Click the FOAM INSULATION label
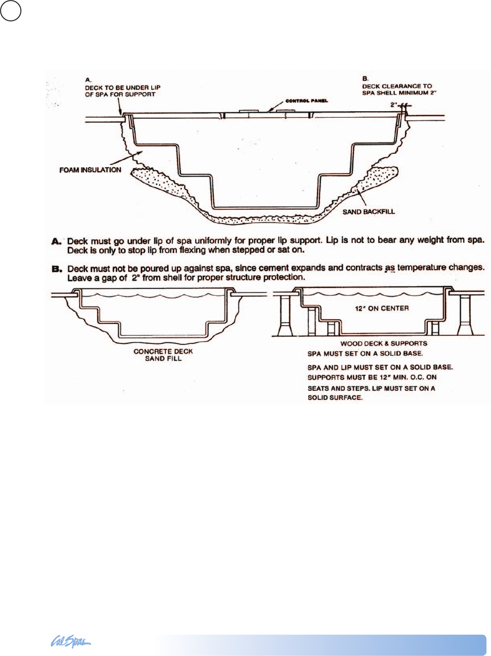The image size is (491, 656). (x=90, y=170)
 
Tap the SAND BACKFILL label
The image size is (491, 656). (x=368, y=212)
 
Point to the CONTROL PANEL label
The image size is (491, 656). (x=306, y=101)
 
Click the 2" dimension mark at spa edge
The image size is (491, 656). (x=394, y=105)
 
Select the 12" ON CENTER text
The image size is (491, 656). (x=381, y=308)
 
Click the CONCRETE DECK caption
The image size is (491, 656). (x=163, y=352)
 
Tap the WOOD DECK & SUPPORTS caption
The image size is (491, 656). (x=384, y=343)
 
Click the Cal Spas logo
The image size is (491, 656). (x=70, y=642)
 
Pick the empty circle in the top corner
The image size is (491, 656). (x=10, y=10)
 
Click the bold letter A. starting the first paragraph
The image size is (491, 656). (x=56, y=241)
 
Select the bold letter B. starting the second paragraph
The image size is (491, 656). (x=56, y=269)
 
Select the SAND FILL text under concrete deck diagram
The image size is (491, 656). (x=163, y=359)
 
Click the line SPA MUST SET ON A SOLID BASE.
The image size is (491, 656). (x=365, y=353)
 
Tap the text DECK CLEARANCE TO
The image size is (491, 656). (x=397, y=86)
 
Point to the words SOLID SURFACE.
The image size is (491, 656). (x=335, y=398)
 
